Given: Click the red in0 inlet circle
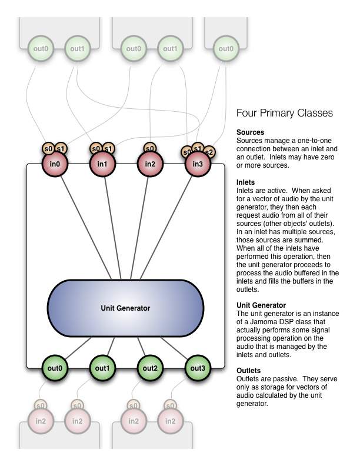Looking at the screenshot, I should pyautogui.click(x=53, y=163).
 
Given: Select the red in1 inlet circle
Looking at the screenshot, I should pyautogui.click(x=101, y=163).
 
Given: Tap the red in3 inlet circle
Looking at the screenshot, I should pyautogui.click(x=198, y=163).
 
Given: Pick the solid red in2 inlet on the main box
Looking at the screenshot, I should pyautogui.click(x=149, y=163).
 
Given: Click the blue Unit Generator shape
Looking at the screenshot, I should pyautogui.click(x=126, y=308).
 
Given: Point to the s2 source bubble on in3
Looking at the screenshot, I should pyautogui.click(x=209, y=152).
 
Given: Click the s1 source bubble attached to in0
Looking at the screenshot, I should pyautogui.click(x=61, y=148).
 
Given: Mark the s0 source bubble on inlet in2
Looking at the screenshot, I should pyautogui.click(x=149, y=148).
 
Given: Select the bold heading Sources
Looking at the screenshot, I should pyautogui.click(x=250, y=132).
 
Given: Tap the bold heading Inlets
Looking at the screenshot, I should pyautogui.click(x=246, y=183).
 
